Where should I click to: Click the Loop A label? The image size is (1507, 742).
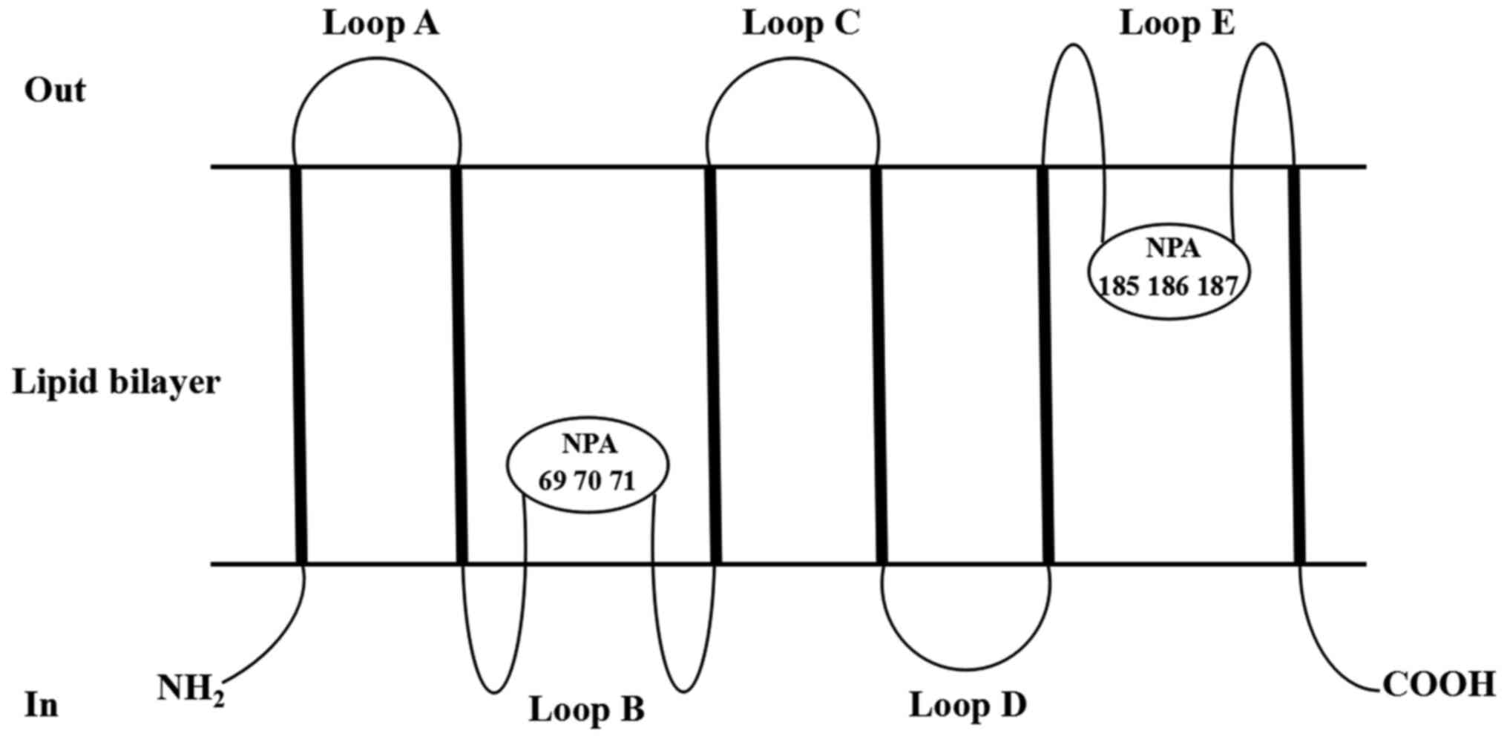(x=381, y=24)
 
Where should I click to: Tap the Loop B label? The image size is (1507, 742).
(x=586, y=709)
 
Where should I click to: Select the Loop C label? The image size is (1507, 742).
(x=801, y=24)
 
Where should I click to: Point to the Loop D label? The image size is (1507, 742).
(x=968, y=705)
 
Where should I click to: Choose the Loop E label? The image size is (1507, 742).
(x=1177, y=24)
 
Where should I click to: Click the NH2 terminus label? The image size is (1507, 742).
(x=191, y=689)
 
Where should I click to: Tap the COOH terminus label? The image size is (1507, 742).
(x=1439, y=685)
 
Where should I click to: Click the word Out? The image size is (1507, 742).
(x=55, y=91)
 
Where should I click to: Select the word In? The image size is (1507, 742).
(x=42, y=705)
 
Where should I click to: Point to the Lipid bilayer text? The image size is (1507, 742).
(x=116, y=383)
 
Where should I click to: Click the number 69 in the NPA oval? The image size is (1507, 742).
(x=551, y=482)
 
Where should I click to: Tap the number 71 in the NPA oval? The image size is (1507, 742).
(x=623, y=482)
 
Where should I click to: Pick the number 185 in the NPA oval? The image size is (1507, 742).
(x=1118, y=286)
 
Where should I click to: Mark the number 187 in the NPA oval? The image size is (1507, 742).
(x=1218, y=286)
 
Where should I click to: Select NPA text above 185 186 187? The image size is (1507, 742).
(x=1172, y=248)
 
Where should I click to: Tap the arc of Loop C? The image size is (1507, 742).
(x=792, y=59)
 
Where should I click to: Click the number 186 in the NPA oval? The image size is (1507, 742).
(x=1168, y=286)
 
